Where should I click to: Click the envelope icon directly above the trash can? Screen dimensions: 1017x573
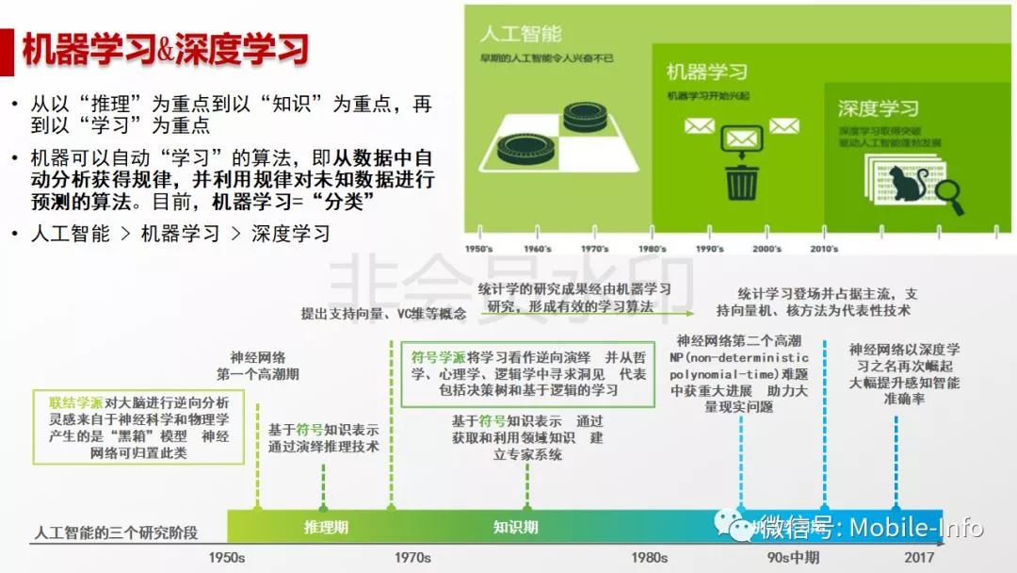[742, 139]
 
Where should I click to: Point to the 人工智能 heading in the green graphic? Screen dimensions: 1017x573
[520, 35]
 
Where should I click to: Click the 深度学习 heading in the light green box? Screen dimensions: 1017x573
[878, 108]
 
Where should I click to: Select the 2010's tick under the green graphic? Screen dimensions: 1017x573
[824, 249]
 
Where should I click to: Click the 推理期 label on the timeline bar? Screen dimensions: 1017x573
[326, 527]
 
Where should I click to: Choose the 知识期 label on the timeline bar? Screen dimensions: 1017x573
[515, 527]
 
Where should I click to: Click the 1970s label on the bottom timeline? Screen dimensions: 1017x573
[412, 557]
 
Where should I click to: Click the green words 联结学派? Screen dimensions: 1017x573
[76, 401]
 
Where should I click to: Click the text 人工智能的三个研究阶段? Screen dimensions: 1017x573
[116, 532]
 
